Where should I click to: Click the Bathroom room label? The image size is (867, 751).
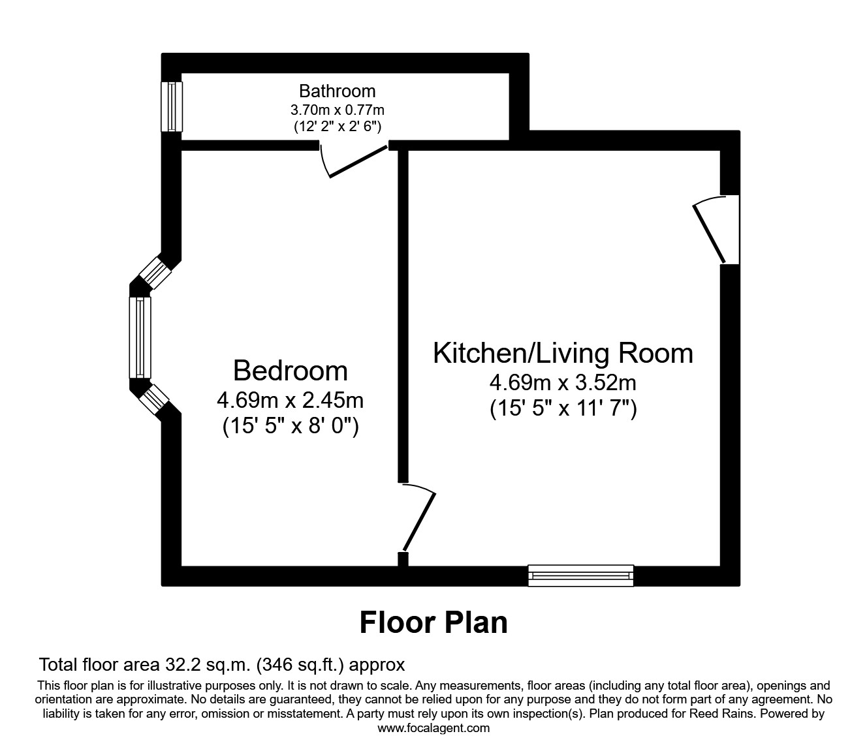tap(337, 91)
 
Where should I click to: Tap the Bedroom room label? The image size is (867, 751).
tap(291, 371)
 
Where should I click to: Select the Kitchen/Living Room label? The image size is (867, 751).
tap(563, 353)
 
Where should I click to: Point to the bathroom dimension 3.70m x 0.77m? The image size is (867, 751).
tap(337, 109)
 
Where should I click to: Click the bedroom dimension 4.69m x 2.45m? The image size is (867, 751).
tap(291, 399)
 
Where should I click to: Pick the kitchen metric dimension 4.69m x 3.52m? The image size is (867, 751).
tap(563, 382)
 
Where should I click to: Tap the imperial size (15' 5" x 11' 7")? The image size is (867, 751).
tap(563, 409)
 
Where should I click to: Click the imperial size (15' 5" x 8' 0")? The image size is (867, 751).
tap(291, 426)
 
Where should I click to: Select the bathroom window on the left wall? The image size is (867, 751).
tap(172, 106)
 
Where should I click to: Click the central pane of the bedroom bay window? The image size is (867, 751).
tap(140, 337)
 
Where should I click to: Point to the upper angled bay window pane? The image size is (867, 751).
tap(156, 271)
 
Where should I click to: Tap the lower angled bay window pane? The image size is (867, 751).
tap(155, 398)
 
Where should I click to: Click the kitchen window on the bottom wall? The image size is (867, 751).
tap(580, 575)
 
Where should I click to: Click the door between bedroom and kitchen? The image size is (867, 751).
tap(418, 519)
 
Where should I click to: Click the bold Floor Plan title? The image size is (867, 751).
tap(433, 622)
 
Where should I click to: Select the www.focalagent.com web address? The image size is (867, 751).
tap(433, 728)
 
